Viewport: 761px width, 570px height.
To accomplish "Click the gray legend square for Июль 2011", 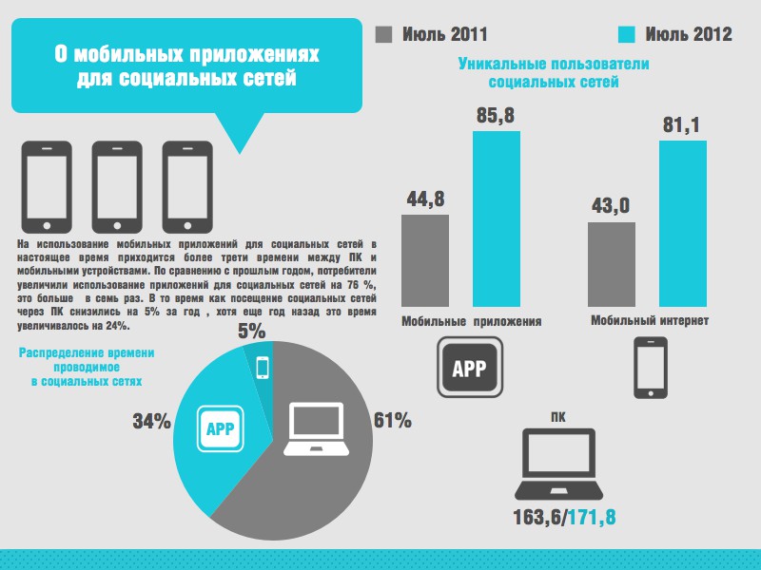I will (x=385, y=34).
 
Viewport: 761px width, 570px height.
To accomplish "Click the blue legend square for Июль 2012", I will (x=627, y=34).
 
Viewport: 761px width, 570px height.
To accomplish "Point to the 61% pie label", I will (x=393, y=420).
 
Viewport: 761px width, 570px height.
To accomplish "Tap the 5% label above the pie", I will (x=252, y=332).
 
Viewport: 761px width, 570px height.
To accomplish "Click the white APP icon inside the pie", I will (x=222, y=428).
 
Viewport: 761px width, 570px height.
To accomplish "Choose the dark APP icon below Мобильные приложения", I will (x=470, y=369).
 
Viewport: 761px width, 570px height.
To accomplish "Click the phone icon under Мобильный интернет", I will (x=650, y=369).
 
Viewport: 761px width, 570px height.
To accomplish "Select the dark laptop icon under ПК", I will (x=558, y=465).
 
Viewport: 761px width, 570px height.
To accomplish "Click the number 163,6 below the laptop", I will (x=537, y=518).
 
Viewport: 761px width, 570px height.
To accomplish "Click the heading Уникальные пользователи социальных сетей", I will (x=553, y=73).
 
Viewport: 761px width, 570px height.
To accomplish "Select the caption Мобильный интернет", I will (x=649, y=320).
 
